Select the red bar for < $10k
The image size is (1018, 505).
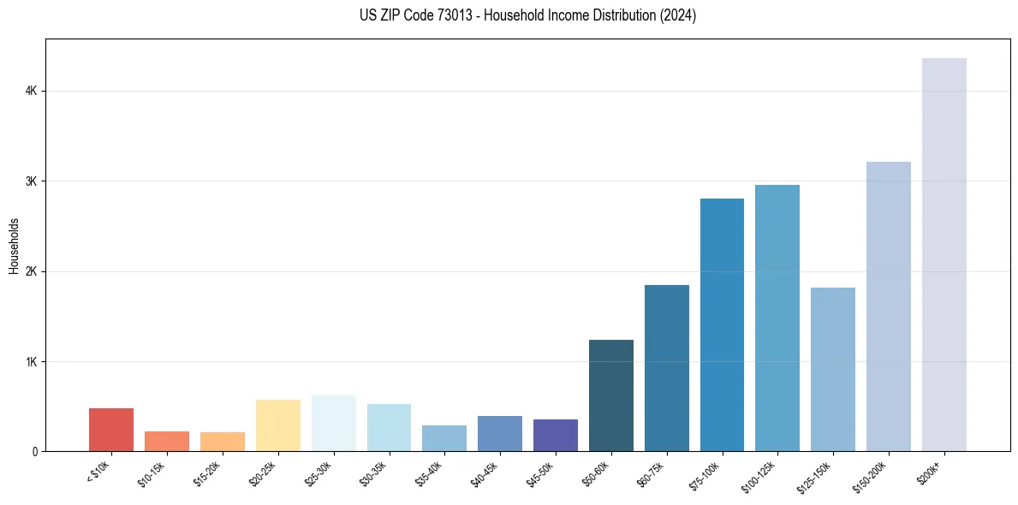(x=111, y=430)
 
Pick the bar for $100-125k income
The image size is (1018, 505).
(x=777, y=318)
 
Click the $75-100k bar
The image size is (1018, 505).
(x=722, y=324)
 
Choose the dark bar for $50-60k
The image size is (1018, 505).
(x=611, y=395)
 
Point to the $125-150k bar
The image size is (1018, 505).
(x=833, y=369)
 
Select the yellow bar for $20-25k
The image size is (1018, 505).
(x=278, y=425)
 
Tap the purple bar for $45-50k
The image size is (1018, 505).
(x=556, y=435)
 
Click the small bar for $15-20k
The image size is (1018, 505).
(x=223, y=442)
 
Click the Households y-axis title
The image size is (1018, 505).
(x=14, y=246)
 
